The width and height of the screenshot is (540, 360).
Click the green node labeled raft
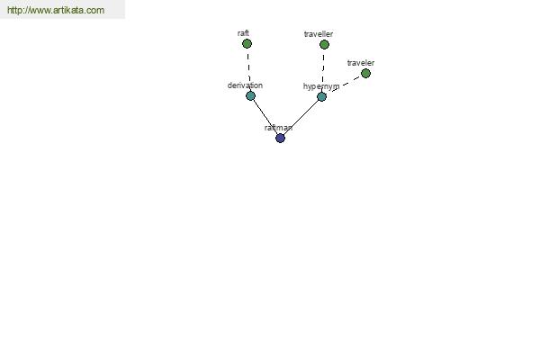point(247,44)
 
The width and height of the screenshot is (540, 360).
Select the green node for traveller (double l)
point(324,44)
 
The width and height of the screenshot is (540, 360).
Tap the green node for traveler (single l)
point(365,73)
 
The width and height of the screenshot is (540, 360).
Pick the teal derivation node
point(251,95)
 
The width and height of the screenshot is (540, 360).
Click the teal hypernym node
point(321,97)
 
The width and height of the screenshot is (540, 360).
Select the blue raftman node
point(280,138)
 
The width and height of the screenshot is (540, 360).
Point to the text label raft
point(243,33)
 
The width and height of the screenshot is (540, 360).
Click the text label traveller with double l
point(319,34)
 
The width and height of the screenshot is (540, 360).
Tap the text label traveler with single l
point(361,63)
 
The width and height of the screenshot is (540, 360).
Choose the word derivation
point(245,85)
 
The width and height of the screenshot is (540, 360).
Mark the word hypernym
point(321,86)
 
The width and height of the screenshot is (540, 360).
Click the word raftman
point(279,128)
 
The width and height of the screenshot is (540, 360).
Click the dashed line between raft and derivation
point(248,69)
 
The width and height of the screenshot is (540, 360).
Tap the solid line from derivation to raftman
point(265,117)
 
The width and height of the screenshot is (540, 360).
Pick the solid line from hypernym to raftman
point(301,118)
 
